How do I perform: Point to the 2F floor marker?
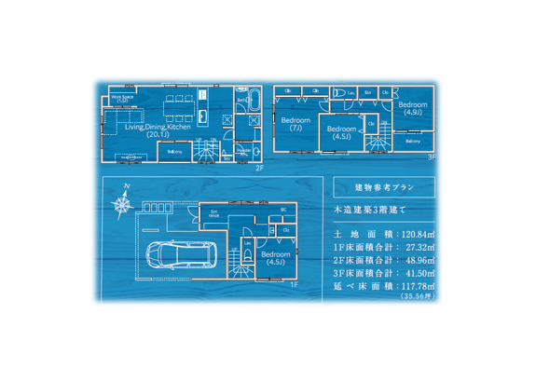point(259,168)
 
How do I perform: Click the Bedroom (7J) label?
point(295,125)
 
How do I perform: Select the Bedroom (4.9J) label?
point(413,109)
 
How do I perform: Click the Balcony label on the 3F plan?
point(413,141)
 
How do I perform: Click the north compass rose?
point(123,200)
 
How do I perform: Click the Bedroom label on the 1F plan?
point(275,257)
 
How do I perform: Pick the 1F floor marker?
point(294,283)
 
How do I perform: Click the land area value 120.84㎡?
point(419,235)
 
